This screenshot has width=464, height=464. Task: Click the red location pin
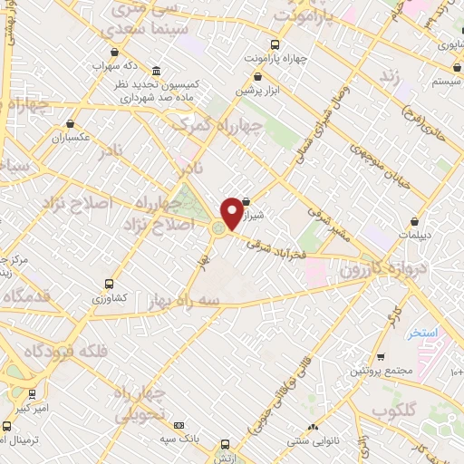point(232,212)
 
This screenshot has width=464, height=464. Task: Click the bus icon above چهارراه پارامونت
point(275,43)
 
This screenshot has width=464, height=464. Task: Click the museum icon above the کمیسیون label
point(158,72)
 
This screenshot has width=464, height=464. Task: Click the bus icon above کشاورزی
point(110,284)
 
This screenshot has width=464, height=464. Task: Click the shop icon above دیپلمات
point(414,220)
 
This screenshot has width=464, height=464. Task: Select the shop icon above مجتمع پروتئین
point(382,356)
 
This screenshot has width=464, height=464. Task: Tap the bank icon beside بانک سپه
point(178,425)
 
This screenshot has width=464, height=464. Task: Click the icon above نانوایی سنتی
point(313,426)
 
